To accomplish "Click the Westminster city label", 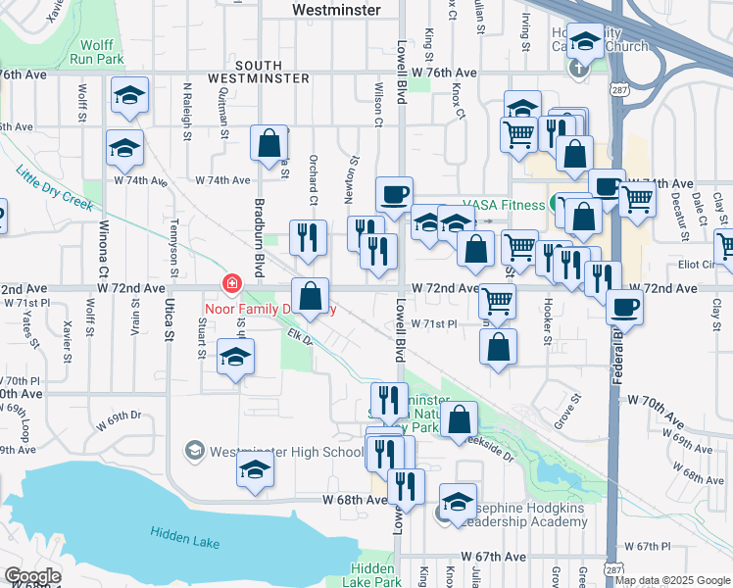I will coord(338,9).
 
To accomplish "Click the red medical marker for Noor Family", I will coord(230,285).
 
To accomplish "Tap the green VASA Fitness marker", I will coord(558,204).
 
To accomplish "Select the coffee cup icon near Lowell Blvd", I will coord(394,195).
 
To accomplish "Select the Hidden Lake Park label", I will coord(373,575).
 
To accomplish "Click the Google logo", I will coord(32,576).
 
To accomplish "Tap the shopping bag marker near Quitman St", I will coord(269,145).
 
